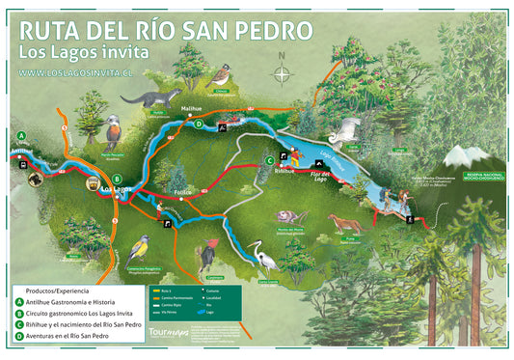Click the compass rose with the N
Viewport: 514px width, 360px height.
click(x=282, y=73)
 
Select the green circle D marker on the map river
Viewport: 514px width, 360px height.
click(x=198, y=125)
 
